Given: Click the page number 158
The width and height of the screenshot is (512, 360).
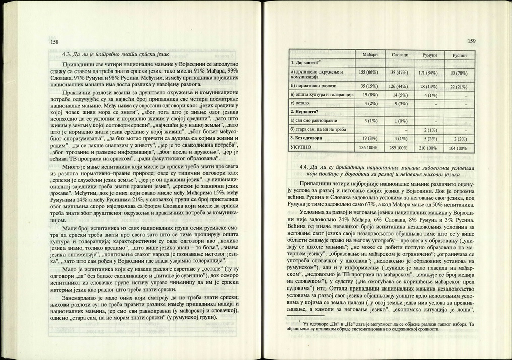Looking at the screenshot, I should pyautogui.click(x=54, y=42).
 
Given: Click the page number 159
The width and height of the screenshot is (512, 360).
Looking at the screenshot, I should pyautogui.click(x=471, y=41).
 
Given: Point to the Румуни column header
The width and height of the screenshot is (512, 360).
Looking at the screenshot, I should pyautogui.click(x=431, y=54).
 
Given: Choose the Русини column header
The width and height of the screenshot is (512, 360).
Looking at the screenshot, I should pyautogui.click(x=460, y=55).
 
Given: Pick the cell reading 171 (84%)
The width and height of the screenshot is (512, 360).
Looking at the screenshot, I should pyautogui.click(x=431, y=73).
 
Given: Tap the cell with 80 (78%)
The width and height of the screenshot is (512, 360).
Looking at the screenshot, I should pyautogui.click(x=460, y=73).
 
